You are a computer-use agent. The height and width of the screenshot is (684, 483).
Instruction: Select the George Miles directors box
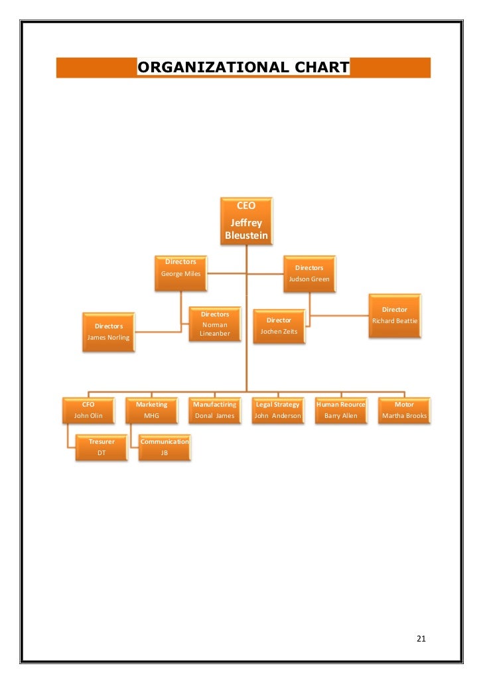click(180, 273)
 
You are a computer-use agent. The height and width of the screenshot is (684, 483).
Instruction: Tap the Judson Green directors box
click(309, 273)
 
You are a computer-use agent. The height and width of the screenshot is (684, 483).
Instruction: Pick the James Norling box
click(108, 332)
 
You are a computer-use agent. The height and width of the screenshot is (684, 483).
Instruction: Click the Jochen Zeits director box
click(279, 326)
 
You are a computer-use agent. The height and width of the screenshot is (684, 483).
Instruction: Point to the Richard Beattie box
click(395, 316)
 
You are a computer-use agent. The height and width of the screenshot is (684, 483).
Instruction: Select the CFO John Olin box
click(88, 410)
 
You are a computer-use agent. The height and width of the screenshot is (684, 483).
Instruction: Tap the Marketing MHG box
click(151, 410)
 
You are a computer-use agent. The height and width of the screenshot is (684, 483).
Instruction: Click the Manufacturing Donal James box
click(214, 410)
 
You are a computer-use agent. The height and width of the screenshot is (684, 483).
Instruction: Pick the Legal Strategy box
click(277, 410)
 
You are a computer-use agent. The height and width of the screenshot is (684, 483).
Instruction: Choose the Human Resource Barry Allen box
click(341, 410)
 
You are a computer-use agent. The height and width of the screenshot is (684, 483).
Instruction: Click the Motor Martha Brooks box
click(404, 410)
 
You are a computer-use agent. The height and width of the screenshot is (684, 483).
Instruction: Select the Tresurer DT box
click(102, 447)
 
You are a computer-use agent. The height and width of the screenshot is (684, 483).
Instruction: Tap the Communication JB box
click(165, 447)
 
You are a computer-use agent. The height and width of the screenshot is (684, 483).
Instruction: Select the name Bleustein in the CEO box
click(246, 236)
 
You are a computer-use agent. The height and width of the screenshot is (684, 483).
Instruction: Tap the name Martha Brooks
click(404, 416)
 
